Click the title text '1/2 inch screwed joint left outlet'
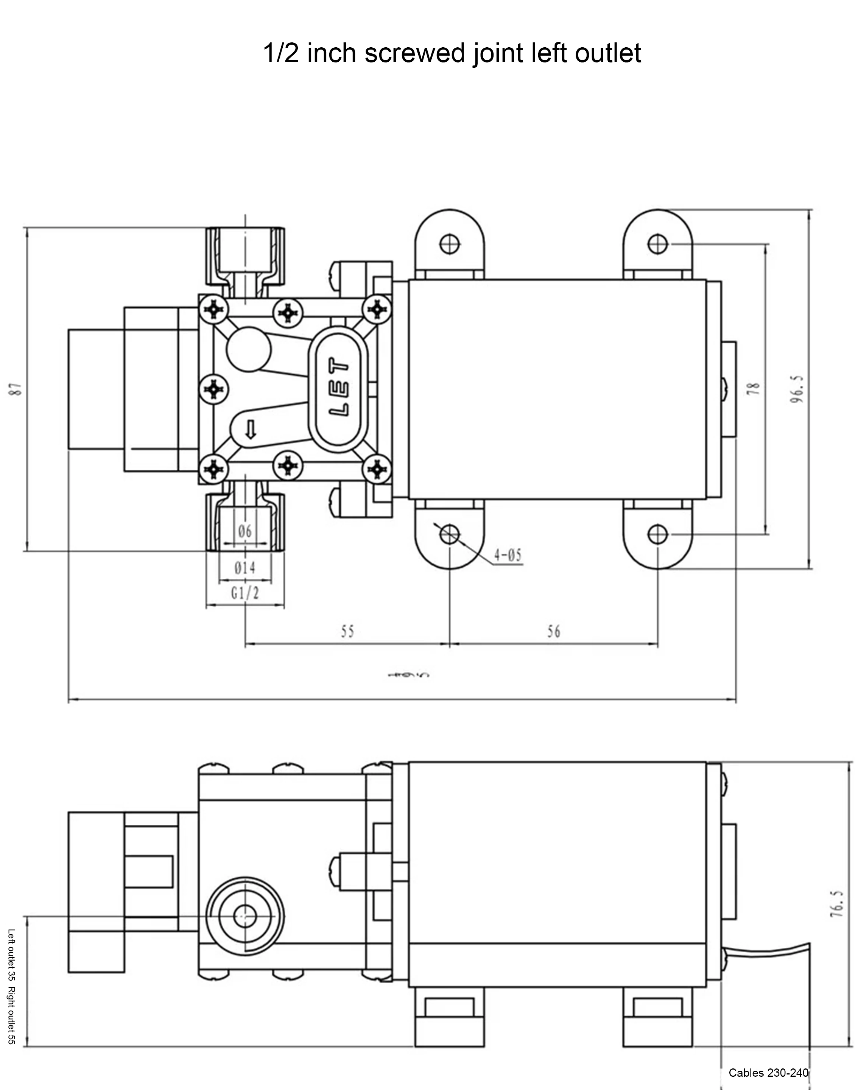click(452, 53)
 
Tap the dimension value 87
click(17, 389)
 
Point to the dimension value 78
click(754, 388)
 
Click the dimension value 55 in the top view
click(347, 631)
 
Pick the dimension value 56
click(554, 631)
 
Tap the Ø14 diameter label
click(245, 568)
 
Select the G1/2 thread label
click(245, 594)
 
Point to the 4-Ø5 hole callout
click(508, 555)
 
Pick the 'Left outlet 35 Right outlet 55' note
click(12, 987)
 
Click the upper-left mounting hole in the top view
click(450, 244)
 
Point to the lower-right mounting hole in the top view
click(657, 534)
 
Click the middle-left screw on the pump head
click(214, 389)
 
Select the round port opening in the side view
click(245, 917)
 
